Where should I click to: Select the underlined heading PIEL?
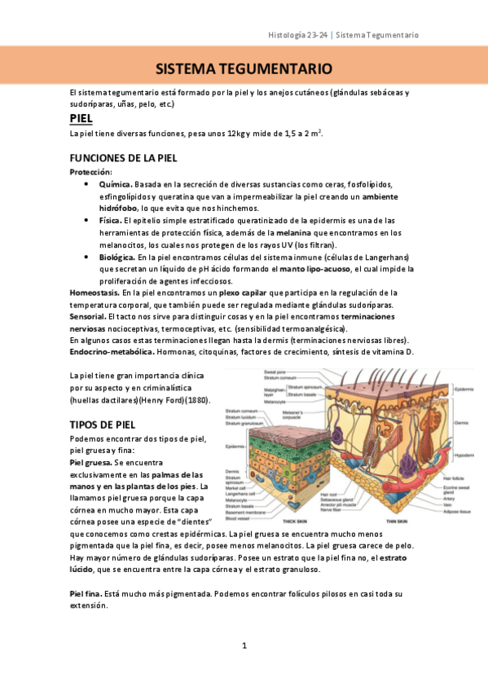[81, 118]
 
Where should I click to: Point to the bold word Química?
[115, 185]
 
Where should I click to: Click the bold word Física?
[109, 220]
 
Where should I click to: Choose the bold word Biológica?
[117, 257]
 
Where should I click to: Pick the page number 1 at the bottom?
[244, 645]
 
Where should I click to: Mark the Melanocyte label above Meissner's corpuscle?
[273, 402]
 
